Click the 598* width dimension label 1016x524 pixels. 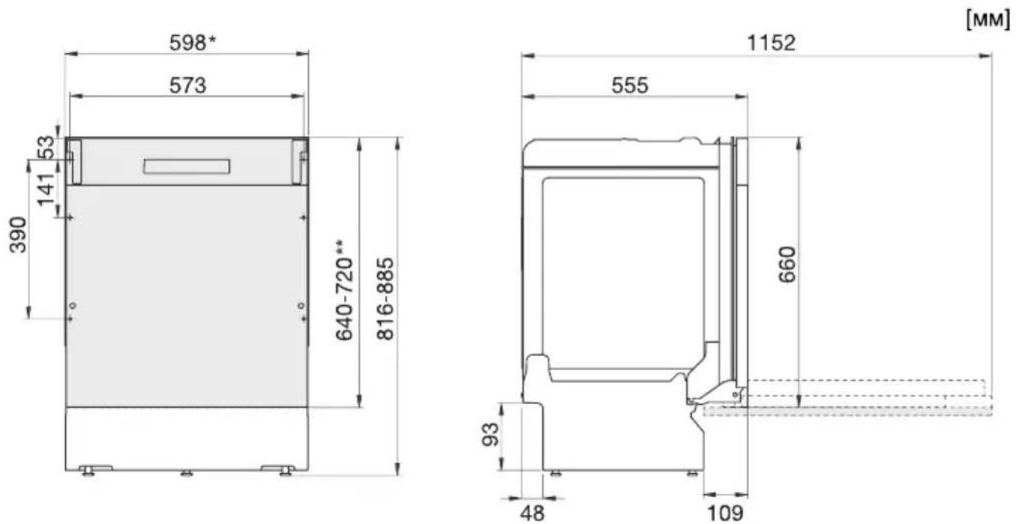click(193, 43)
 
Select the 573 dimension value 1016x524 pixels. click(188, 86)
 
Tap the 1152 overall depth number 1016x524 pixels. click(771, 43)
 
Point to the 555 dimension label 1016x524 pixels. click(630, 86)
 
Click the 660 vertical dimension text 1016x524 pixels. click(787, 264)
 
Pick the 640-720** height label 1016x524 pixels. click(344, 291)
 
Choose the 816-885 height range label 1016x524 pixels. click(386, 299)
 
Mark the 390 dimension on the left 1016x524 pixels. click(18, 234)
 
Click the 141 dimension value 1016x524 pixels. click(46, 190)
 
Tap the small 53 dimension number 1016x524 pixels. click(46, 148)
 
